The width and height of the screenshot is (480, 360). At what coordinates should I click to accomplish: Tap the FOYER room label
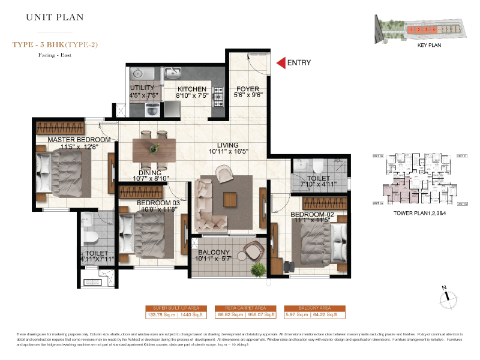coord(247,89)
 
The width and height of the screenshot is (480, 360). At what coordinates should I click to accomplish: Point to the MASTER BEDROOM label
coord(79,140)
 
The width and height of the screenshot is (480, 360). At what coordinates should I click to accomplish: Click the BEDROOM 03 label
coord(158,203)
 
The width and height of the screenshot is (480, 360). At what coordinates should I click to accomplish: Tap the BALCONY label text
coord(213,253)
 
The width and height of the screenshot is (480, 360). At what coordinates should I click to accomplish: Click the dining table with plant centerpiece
coord(154,148)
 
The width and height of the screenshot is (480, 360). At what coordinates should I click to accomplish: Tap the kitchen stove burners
coord(217,96)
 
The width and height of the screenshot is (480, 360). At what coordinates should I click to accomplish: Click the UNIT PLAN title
coord(52,17)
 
